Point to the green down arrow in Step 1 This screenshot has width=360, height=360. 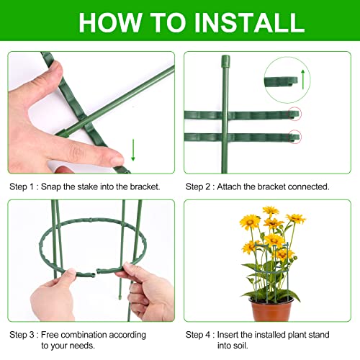point(133,150)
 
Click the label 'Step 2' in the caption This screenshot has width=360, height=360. point(200,186)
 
